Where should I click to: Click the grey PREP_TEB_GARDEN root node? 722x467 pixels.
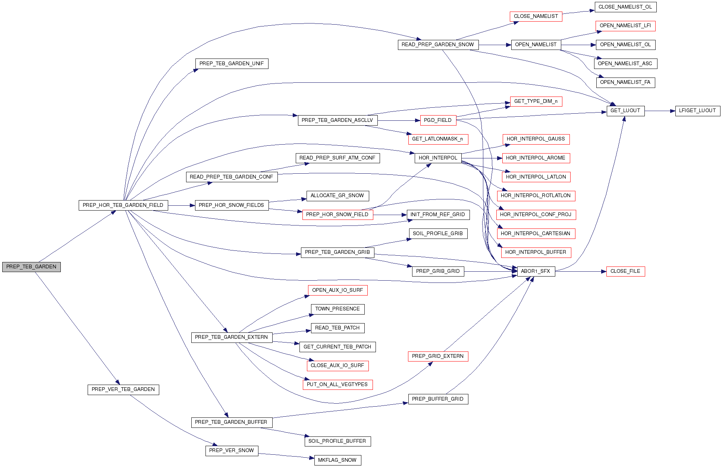[x=31, y=267]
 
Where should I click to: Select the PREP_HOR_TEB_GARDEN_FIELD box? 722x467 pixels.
[x=123, y=205]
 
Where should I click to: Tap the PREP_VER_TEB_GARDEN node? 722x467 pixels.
[x=123, y=389]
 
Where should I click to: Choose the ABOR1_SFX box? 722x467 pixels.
[x=536, y=271]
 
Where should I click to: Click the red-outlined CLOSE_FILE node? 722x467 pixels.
[x=625, y=271]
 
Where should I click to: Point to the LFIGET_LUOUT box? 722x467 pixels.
[x=697, y=111]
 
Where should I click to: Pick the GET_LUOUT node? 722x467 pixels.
[x=625, y=111]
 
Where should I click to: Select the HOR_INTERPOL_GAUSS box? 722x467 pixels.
[x=536, y=139]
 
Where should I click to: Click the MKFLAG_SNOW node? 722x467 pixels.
[x=338, y=460]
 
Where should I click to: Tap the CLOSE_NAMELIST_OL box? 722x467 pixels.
[x=625, y=7]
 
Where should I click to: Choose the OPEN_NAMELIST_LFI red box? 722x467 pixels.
[x=625, y=26]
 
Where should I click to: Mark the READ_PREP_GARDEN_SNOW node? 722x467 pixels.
[x=438, y=45]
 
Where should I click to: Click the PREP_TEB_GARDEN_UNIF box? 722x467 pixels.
[x=232, y=64]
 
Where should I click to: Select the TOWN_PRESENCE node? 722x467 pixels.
[x=338, y=309]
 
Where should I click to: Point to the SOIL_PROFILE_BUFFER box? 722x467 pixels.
[x=338, y=441]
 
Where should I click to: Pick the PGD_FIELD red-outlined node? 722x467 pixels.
[x=438, y=120]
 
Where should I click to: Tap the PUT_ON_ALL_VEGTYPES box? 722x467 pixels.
[x=338, y=385]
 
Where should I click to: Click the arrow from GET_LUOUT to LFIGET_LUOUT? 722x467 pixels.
[x=660, y=111]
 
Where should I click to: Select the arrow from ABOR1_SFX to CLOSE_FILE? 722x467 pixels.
[x=581, y=272]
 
